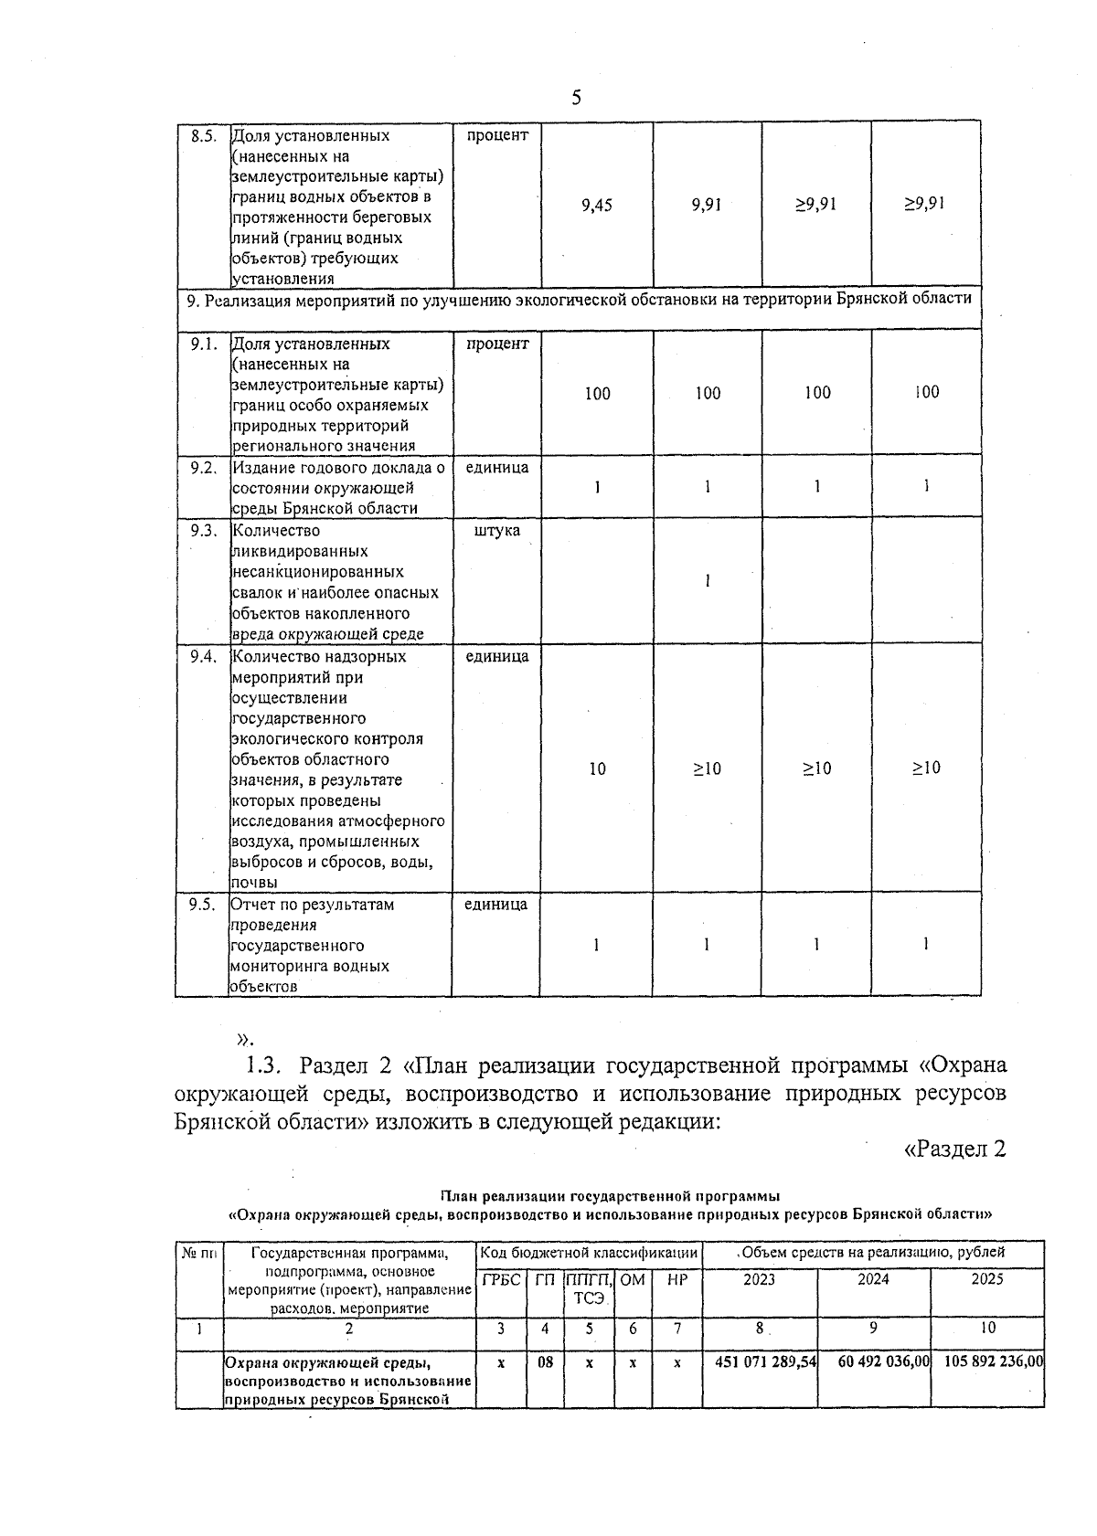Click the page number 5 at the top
pyautogui.click(x=576, y=98)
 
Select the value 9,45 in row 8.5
pyautogui.click(x=597, y=205)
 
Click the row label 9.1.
pyautogui.click(x=203, y=344)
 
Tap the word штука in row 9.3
pyautogui.click(x=497, y=531)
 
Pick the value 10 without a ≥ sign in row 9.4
pyautogui.click(x=597, y=769)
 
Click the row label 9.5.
pyautogui.click(x=202, y=905)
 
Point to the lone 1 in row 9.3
pyautogui.click(x=708, y=581)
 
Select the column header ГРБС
pyautogui.click(x=501, y=1280)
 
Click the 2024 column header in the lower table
pyautogui.click(x=873, y=1279)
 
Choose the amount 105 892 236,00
pyautogui.click(x=988, y=1361)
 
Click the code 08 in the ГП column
pyautogui.click(x=545, y=1361)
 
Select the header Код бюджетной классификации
pyautogui.click(x=590, y=1253)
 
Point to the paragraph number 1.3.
pyautogui.click(x=266, y=1066)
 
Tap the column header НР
pyautogui.click(x=676, y=1280)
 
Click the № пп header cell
pyautogui.click(x=198, y=1253)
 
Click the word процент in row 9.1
pyautogui.click(x=497, y=344)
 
